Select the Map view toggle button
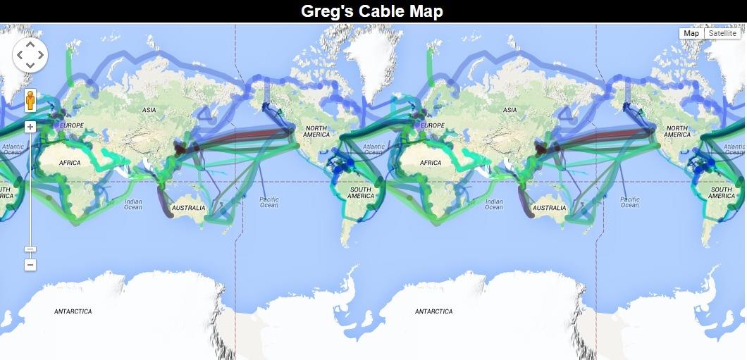691,33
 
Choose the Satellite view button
722,33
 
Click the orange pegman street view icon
30,101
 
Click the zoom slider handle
30,249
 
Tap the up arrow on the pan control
30,44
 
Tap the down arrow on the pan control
30,66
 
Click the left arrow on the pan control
20,54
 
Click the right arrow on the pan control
41,54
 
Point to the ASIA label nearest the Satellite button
510,111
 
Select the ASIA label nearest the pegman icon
149,111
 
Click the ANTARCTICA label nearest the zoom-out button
73,311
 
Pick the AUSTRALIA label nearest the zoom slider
189,208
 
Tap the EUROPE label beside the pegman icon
72,125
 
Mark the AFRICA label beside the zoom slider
70,163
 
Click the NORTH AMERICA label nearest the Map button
677,132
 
